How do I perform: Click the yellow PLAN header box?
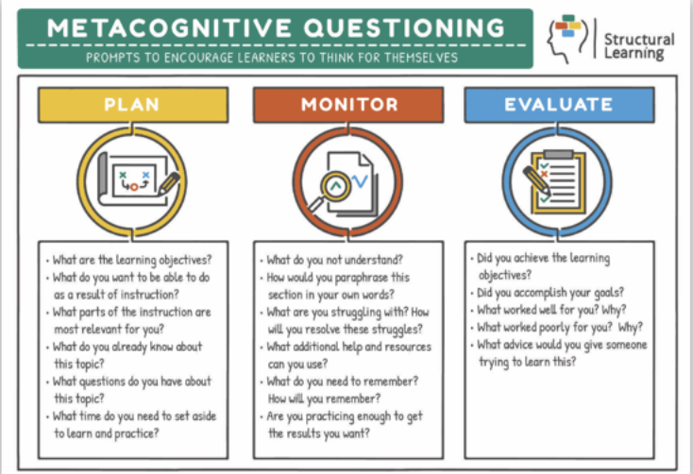pos(132,104)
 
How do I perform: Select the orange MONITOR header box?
pos(349,104)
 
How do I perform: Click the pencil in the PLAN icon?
pos(169,182)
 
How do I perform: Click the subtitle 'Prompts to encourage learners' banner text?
pos(272,57)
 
